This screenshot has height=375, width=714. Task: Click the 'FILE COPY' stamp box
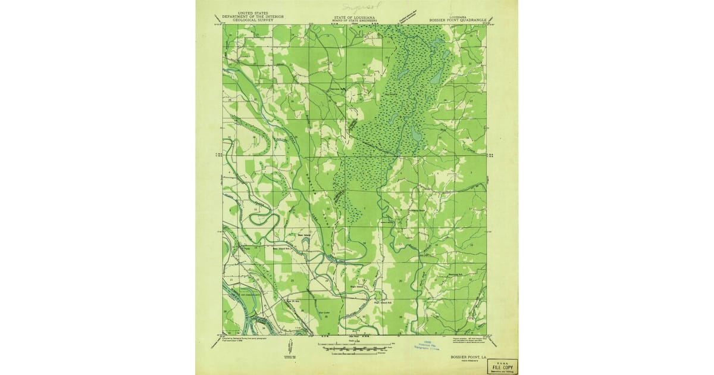(502, 367)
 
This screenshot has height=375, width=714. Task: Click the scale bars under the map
(355, 347)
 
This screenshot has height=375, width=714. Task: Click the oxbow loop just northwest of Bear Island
(263, 217)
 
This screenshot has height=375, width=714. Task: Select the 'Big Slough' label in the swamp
(391, 93)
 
